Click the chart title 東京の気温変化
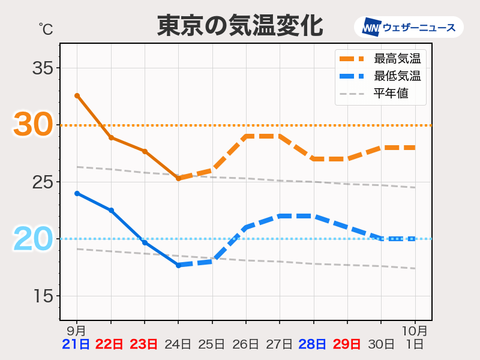pos(240,26)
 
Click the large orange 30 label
pos(32,125)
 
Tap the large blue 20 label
pos(32,239)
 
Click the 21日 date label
pos(76,344)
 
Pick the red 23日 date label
pos(144,344)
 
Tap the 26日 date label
pos(245,344)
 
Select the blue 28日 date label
pos(313,344)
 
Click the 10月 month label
pos(415,331)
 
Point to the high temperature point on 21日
pos(77,95)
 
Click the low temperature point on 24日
pos(178,265)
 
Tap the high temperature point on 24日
pos(178,178)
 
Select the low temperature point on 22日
pos(111,210)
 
